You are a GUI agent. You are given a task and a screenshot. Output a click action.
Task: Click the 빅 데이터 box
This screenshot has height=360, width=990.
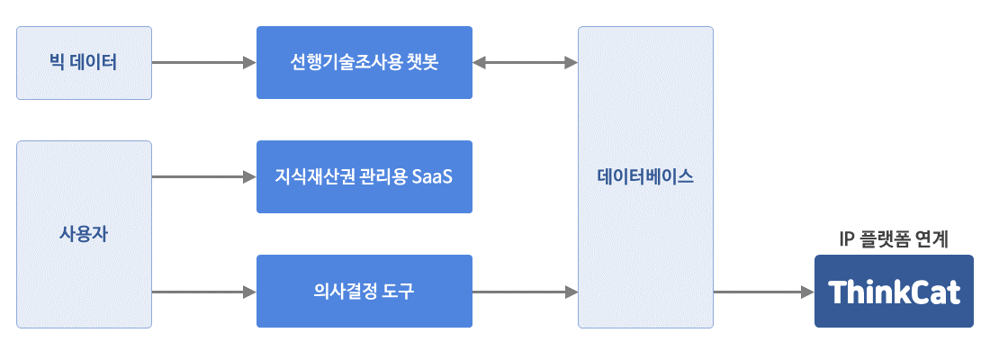pos(84,62)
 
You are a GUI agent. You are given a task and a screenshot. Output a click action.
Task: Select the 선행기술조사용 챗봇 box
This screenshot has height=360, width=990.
pos(364,62)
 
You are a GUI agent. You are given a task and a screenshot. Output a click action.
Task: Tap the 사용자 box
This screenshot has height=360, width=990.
pos(84,234)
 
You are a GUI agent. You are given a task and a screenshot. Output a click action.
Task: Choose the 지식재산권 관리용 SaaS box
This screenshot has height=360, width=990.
pos(364,176)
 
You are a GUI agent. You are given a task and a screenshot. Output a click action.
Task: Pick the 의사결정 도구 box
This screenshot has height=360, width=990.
pos(364,292)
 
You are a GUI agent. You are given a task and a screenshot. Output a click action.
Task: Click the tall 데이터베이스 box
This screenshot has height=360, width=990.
pos(645,176)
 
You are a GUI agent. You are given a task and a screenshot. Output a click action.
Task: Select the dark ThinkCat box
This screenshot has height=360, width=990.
pos(894,292)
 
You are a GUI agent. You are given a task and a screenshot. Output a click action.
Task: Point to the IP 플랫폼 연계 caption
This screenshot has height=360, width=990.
pos(894,239)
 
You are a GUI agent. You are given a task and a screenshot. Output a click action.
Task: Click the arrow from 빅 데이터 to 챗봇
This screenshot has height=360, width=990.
pos(204,62)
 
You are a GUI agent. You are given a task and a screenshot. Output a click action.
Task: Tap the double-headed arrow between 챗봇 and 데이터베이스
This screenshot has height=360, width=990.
pos(526,62)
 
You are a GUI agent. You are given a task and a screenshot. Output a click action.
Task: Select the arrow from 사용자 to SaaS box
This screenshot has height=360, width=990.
pos(204,176)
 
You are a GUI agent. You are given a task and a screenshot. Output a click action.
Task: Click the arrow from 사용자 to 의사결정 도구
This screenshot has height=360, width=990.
pos(204,292)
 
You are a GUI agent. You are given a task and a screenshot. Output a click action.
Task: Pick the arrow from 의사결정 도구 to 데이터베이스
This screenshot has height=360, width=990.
pos(526,292)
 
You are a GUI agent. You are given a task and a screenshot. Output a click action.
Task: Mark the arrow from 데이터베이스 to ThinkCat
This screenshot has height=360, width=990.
pos(764,292)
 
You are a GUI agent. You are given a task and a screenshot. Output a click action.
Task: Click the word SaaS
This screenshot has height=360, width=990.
pos(432,176)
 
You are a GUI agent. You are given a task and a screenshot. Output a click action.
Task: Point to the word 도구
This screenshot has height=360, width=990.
pos(399,292)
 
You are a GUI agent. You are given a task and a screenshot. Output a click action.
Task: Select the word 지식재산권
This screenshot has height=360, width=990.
pos(304,176)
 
